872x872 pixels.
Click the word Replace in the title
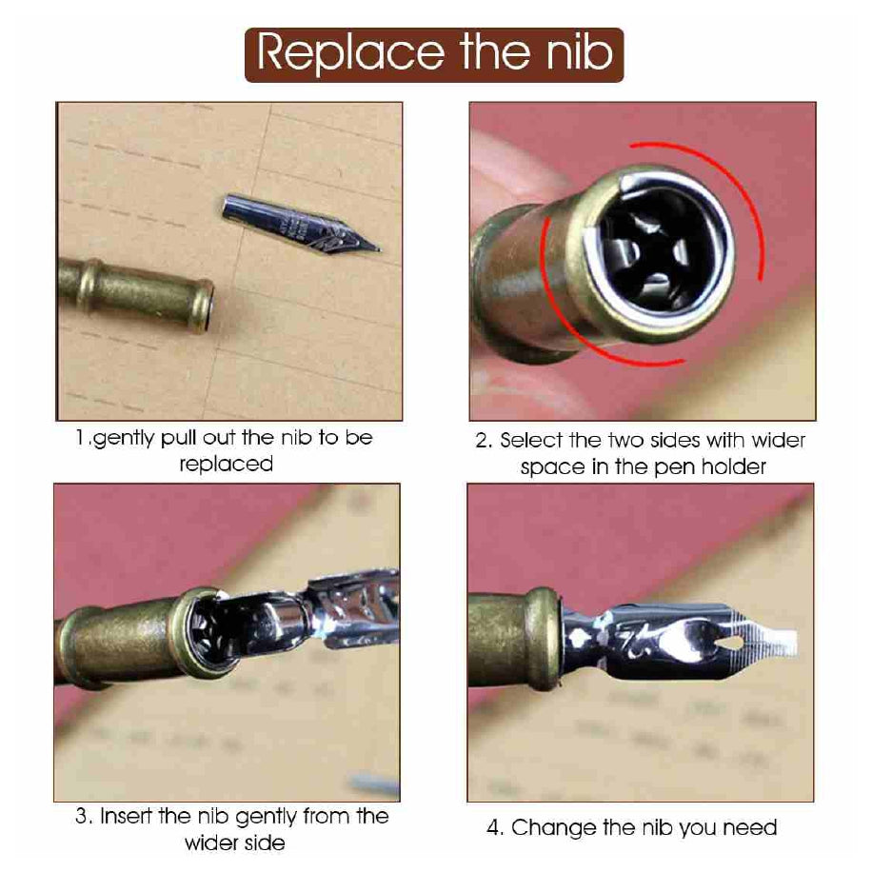coord(351,53)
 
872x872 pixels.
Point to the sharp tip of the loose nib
coord(379,249)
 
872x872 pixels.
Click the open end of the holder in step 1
coord(207,306)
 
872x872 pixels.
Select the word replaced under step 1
coord(227,465)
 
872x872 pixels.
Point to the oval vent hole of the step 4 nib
coord(729,644)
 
